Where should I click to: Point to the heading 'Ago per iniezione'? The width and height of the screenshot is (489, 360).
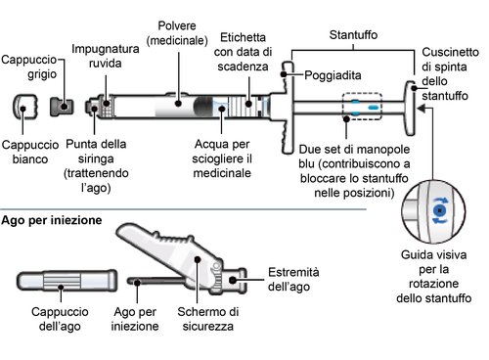tap(54, 221)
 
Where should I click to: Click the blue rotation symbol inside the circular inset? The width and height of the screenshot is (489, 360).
tap(440, 208)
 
